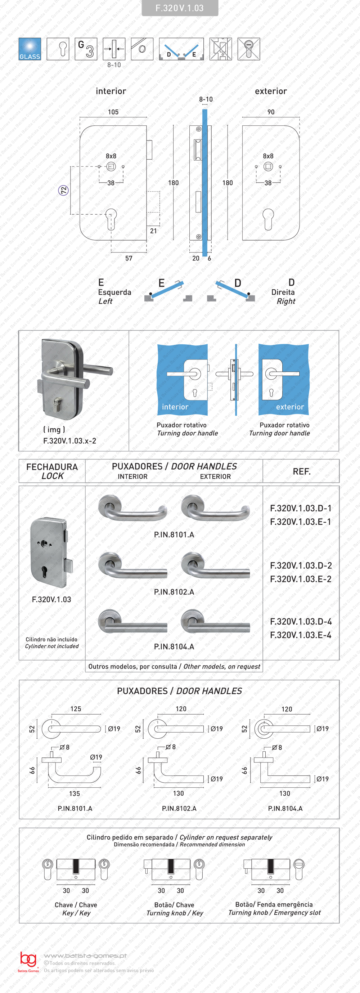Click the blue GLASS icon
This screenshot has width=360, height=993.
[x=30, y=49]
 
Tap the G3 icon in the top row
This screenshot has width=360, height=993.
[x=86, y=49]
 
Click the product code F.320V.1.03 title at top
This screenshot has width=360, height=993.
[x=180, y=8]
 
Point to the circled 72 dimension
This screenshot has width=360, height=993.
[x=63, y=190]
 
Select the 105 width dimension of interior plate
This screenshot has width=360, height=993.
[x=113, y=112]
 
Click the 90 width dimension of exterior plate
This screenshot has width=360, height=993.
[x=271, y=112]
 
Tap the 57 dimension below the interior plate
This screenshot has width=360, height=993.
[x=129, y=258]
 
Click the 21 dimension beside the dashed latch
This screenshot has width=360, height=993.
[x=153, y=231]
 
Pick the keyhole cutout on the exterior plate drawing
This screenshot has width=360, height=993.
[x=268, y=219]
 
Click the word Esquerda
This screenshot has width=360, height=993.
[x=114, y=292]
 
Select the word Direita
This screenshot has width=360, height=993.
[x=283, y=292]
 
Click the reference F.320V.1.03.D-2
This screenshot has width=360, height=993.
[x=301, y=565]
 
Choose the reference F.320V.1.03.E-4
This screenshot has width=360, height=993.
[x=301, y=635]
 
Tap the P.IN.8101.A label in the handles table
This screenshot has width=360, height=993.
[x=174, y=534]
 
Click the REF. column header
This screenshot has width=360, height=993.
[x=301, y=471]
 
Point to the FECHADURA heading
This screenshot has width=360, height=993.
[x=52, y=467]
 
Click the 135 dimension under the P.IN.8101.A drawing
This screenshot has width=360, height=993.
[x=75, y=794]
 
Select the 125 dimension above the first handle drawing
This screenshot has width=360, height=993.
[x=76, y=709]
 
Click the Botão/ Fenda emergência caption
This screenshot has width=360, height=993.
[x=274, y=904]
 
